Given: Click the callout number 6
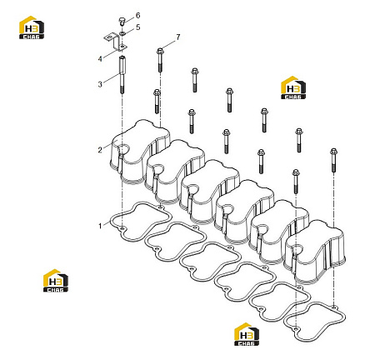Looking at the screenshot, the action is point(137,15).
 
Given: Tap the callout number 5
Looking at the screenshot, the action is point(138,27).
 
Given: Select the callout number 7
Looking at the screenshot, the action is point(178,37).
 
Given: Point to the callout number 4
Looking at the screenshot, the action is point(100,59).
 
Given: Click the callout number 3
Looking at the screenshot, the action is point(100,84).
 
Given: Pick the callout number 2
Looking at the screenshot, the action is point(100,150).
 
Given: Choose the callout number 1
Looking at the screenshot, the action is point(100,226).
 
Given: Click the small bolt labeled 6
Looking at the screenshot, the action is point(122,22).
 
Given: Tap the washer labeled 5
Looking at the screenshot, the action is point(122,33).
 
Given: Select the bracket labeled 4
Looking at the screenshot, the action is point(117,42).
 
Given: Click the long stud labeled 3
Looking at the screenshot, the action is point(122,74).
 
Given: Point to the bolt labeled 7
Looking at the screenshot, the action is point(160,60).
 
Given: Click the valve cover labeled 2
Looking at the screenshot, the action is point(139,152).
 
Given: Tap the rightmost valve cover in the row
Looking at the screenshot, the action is point(316,252).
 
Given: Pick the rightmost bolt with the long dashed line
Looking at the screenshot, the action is point(333,160).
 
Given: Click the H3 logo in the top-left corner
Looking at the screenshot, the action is point(32,27).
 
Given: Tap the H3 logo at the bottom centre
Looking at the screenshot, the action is point(247,334).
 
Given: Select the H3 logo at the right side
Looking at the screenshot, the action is point(293,87).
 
